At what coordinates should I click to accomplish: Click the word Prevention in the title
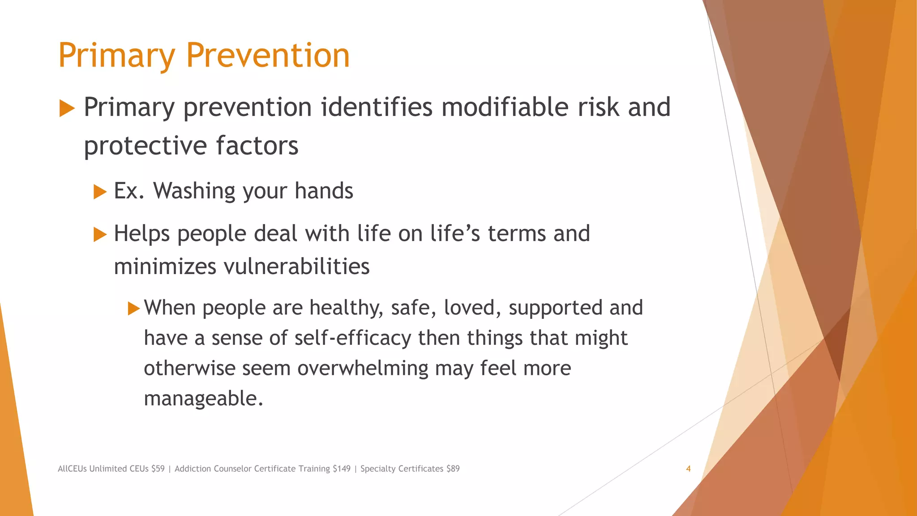coord(267,56)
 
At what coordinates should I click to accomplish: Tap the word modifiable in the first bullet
coord(504,107)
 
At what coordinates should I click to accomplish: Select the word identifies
coord(377,107)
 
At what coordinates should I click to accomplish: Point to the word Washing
coord(194,191)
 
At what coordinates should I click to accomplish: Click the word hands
coord(324,191)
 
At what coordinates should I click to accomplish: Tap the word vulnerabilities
coord(296,267)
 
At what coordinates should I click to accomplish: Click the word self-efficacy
coord(353,338)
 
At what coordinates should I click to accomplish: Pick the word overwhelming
coord(363,369)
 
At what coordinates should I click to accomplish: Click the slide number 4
coord(688,469)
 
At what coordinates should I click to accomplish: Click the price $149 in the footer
coord(342,469)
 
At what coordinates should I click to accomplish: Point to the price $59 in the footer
coord(158,469)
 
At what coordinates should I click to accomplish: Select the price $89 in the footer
coord(453,469)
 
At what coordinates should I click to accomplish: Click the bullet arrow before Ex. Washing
coord(100,192)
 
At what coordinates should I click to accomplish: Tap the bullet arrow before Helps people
coord(100,234)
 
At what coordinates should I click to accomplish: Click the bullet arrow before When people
coord(133,309)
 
